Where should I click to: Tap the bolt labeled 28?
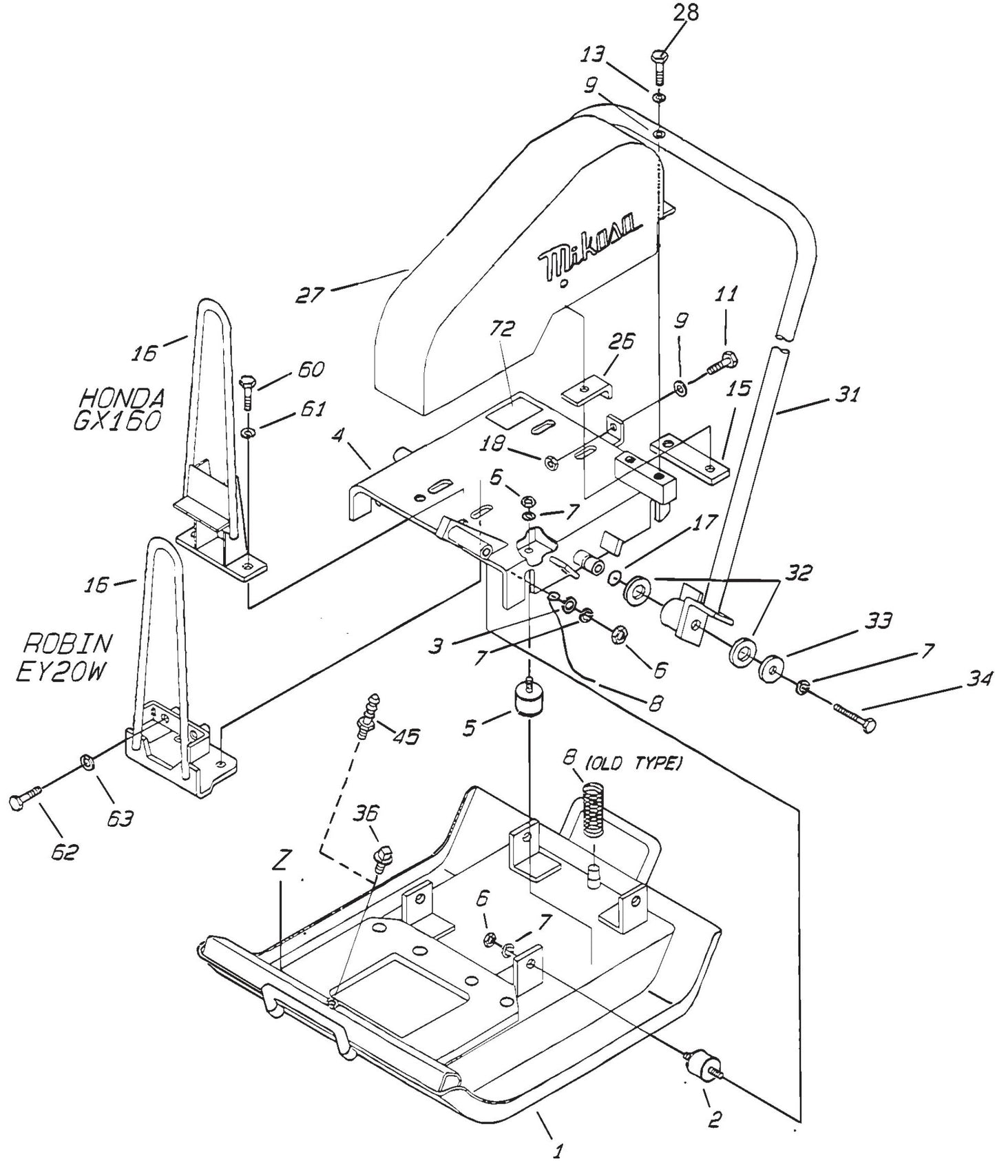pyautogui.click(x=659, y=68)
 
